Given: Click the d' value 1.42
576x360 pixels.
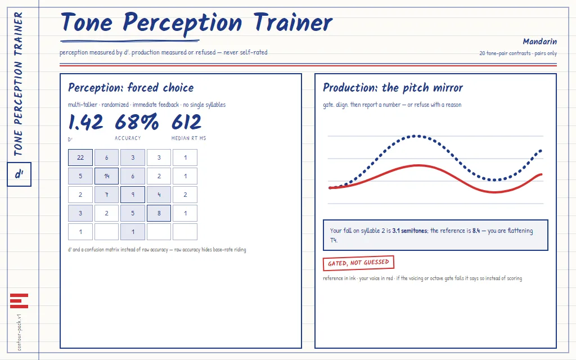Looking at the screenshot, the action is click(x=85, y=122).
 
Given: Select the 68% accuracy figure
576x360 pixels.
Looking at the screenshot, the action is click(x=137, y=122).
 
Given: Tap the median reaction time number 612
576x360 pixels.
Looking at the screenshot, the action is click(x=186, y=122).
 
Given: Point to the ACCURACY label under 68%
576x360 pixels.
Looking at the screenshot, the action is click(x=128, y=138).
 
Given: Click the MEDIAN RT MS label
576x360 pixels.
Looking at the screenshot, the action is click(x=189, y=138).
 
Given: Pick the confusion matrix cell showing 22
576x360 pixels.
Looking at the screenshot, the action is click(x=80, y=157).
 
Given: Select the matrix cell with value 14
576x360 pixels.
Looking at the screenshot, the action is click(x=106, y=176).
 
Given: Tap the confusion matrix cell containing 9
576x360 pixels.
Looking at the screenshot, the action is click(x=133, y=195).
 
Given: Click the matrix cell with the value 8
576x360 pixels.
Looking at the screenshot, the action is click(x=159, y=213).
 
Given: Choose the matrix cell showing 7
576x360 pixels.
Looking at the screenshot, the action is click(x=106, y=195).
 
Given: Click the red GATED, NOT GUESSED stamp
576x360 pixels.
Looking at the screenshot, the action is click(x=358, y=263).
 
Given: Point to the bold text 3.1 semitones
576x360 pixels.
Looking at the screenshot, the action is click(x=409, y=231).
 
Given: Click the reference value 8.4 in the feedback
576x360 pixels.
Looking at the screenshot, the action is click(x=476, y=231).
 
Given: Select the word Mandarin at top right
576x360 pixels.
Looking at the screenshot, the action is click(x=539, y=42).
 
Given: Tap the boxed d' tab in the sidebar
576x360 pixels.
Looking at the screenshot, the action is click(x=19, y=174).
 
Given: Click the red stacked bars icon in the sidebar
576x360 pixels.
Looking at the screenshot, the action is click(x=19, y=301).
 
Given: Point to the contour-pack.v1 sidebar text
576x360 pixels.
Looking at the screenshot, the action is click(x=20, y=332).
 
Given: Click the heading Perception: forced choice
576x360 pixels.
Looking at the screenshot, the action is click(x=130, y=88).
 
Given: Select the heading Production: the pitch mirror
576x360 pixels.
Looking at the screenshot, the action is click(x=393, y=88).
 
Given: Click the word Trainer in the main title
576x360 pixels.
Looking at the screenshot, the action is click(x=292, y=22).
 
